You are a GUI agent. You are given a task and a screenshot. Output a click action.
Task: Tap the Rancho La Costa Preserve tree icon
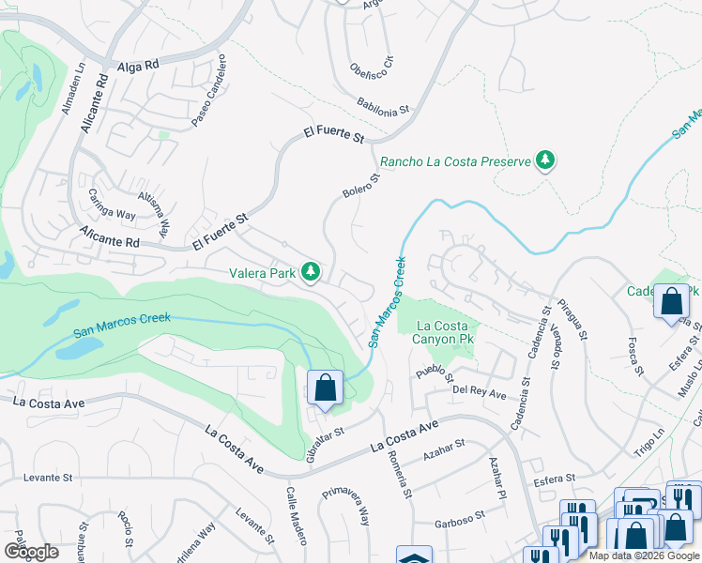pos(544,160)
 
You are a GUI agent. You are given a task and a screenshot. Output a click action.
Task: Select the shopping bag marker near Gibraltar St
pos(324,388)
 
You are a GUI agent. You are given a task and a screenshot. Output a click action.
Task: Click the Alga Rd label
pos(140,67)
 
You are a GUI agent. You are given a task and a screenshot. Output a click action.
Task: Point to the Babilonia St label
pos(383,105)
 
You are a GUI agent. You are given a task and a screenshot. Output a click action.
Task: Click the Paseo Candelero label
pos(211,98)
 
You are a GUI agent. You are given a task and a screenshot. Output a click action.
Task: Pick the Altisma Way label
pos(153,215)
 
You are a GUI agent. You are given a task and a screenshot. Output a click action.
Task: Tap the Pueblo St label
pos(435,372)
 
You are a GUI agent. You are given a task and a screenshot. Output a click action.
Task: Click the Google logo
pos(30,552)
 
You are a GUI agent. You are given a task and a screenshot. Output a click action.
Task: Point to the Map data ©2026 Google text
pos(643,555)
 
